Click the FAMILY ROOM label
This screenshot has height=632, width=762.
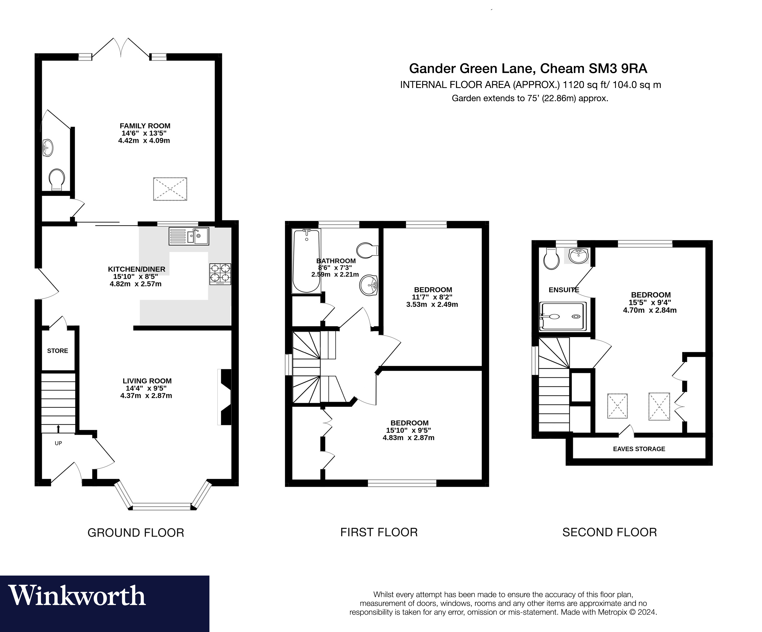pos(145,126)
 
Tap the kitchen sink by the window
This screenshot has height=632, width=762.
pos(189,236)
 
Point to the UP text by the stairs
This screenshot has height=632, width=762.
pos(58,443)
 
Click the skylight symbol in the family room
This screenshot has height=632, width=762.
pos(170,189)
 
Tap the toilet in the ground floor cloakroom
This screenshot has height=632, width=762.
pos(57,179)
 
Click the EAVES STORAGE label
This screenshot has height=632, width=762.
pos(639,449)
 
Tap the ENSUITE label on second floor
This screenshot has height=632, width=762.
pos(564,290)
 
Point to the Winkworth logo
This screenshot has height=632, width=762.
pos(77,596)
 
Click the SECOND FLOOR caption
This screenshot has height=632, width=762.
pos(610,532)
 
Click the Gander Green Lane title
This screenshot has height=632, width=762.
pos(528,68)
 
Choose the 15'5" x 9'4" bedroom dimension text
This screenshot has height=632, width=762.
pos(650,303)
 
